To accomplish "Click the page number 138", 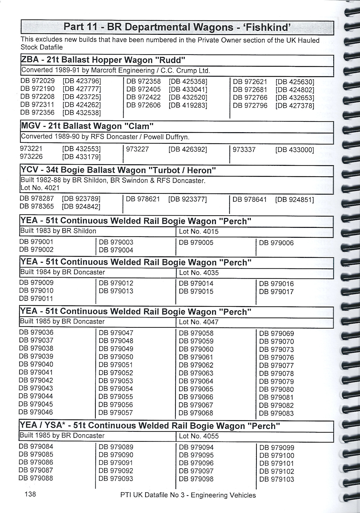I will click(31, 494).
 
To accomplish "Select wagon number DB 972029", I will click(37, 81).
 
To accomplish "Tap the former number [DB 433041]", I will click(188, 89).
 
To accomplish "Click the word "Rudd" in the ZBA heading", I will click(169, 60).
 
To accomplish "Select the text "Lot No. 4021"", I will click(40, 188).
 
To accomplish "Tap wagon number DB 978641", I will click(250, 199).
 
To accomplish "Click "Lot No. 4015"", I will click(199, 231).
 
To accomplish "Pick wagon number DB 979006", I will click(276, 243).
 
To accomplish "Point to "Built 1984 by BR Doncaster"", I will click(62, 272).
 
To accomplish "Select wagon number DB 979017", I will click(276, 291).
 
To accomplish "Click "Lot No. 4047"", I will click(199, 322).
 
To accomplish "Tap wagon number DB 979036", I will click(36, 332).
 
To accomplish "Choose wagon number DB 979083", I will click(276, 413).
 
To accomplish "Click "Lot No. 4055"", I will click(199, 436).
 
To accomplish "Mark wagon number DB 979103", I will click(277, 479).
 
